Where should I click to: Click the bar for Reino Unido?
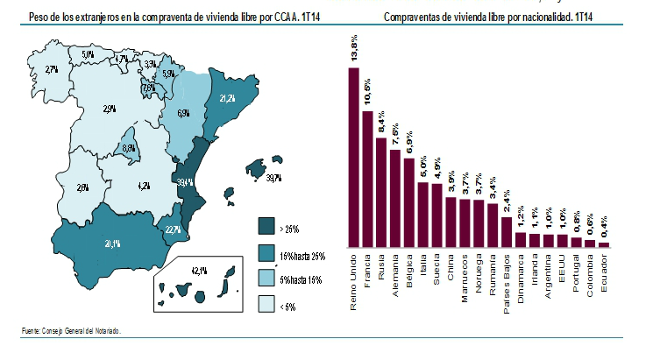coord(354,158)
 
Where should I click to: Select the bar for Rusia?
coord(381,193)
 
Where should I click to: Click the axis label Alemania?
coord(395,272)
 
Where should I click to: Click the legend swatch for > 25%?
coord(264,229)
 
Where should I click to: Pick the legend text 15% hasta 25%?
coord(302,254)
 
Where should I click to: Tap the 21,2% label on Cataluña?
coord(227,98)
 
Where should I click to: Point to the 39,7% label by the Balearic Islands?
coord(273,178)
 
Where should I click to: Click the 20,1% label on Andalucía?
coord(112,244)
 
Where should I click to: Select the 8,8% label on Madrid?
coord(129,149)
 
